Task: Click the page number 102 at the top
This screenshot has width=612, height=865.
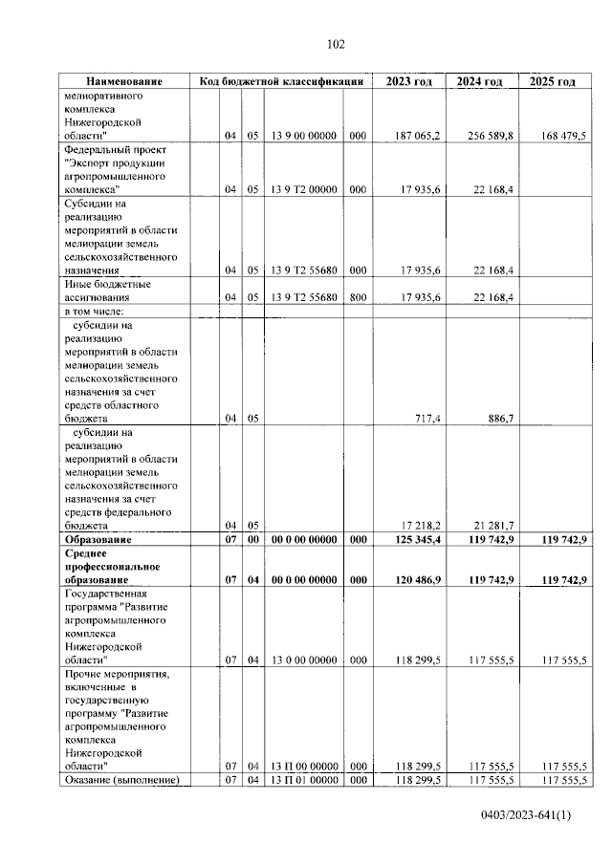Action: [x=336, y=44]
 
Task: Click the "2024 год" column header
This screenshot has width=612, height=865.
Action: [x=479, y=82]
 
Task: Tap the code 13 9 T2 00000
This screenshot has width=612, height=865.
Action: [x=303, y=189]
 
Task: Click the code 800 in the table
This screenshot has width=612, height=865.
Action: [x=357, y=297]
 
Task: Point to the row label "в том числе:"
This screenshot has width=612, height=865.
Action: [x=94, y=312]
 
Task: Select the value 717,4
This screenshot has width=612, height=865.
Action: [x=425, y=419]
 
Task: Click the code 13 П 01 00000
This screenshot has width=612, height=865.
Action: [x=303, y=780]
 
